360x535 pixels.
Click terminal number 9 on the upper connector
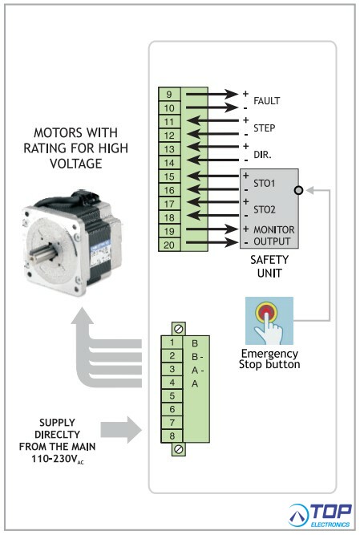click(169, 94)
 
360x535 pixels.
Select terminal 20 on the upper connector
click(169, 245)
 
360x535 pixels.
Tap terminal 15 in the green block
click(169, 176)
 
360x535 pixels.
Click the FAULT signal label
click(266, 101)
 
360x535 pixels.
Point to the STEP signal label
click(265, 128)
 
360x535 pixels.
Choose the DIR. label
click(262, 155)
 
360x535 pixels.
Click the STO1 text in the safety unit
click(265, 184)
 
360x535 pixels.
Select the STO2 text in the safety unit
click(265, 209)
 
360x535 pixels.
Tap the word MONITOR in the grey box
click(273, 229)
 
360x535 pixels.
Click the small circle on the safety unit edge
click(298, 190)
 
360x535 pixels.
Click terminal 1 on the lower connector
click(172, 342)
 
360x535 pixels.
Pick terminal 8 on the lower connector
click(172, 436)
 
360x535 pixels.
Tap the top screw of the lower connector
click(178, 329)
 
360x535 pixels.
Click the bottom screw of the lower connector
click(178, 449)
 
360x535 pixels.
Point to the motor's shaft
click(40, 254)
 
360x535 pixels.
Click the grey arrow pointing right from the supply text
click(121, 430)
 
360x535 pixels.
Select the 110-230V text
click(57, 460)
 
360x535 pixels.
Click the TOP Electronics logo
click(320, 515)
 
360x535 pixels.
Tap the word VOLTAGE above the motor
click(75, 164)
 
